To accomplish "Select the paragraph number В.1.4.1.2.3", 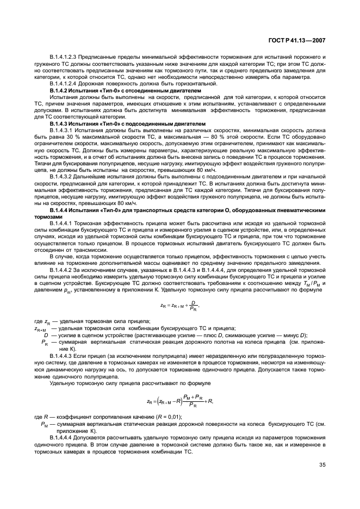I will [65, 57].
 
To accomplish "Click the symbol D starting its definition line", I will [46, 336].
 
